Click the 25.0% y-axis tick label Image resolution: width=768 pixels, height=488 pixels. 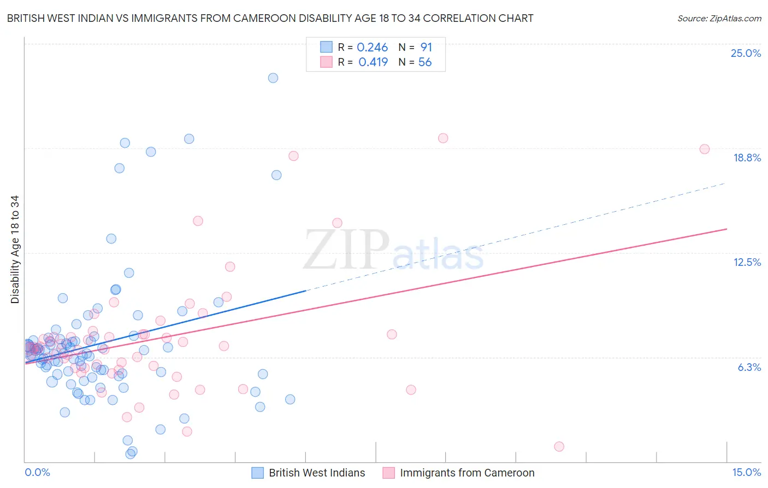point(746,53)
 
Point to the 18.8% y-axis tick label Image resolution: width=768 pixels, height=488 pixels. point(747,158)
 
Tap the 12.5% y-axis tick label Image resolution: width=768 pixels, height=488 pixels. point(747,262)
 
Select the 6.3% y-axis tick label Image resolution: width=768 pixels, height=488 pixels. point(749,367)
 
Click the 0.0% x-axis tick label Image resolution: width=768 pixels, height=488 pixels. point(37,473)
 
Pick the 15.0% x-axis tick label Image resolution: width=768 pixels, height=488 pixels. point(746,473)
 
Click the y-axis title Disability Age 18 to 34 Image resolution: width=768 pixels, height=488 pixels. point(15,249)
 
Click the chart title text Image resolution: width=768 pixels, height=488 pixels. point(270,18)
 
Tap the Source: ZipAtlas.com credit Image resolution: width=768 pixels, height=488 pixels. point(719,18)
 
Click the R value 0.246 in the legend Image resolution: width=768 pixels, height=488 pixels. point(372,48)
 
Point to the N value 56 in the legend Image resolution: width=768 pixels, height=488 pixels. point(425,62)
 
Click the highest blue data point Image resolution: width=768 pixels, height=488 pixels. point(273,78)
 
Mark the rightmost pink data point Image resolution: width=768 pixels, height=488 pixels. point(705,149)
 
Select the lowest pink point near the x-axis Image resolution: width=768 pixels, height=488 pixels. point(559,446)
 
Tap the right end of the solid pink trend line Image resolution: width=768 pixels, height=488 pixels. point(727,229)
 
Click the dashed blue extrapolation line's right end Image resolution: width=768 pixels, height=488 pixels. point(725,183)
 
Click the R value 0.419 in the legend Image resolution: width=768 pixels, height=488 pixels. point(373,62)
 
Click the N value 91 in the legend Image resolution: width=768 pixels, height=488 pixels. point(426,48)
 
